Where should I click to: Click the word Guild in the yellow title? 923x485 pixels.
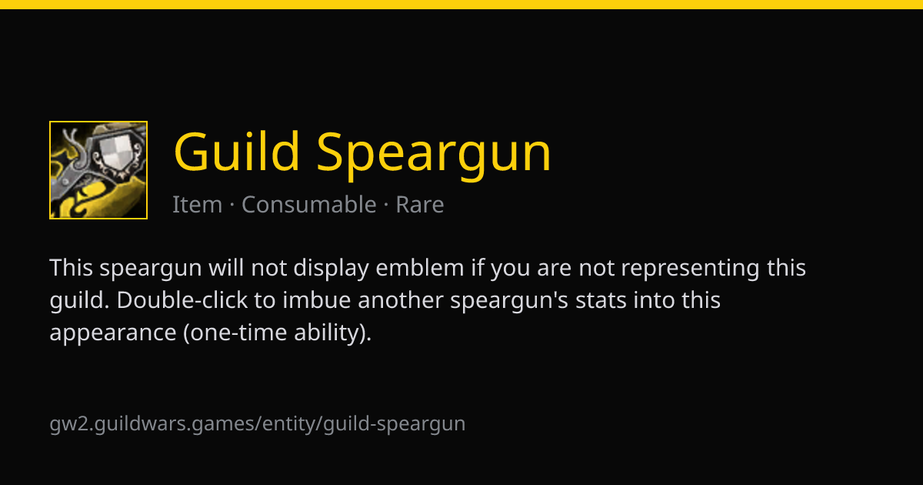coord(237,152)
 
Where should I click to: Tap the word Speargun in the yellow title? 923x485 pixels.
coord(434,156)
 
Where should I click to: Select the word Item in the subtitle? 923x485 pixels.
coord(197,204)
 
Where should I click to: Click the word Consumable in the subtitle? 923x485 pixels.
coord(309,204)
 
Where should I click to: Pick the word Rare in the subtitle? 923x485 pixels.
coord(420,204)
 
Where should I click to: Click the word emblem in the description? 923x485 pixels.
coord(420,268)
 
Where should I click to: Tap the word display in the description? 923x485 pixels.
coord(331,269)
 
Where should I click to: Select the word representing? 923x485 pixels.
coord(690,269)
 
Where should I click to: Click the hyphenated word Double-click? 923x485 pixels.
coord(182,299)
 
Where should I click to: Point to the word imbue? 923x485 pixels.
coord(316,299)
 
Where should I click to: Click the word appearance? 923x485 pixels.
coord(113,333)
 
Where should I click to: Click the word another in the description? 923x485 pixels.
coord(401,299)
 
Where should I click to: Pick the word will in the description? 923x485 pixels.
coord(226,268)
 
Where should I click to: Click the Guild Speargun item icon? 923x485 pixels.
coord(98,170)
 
